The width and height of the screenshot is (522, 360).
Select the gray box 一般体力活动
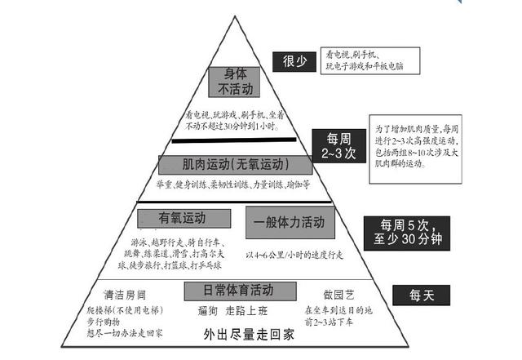[290, 220]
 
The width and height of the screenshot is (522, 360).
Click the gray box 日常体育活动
[239, 290]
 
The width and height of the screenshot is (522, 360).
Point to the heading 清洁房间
[123, 295]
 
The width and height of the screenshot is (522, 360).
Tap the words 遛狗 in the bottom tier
[209, 311]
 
